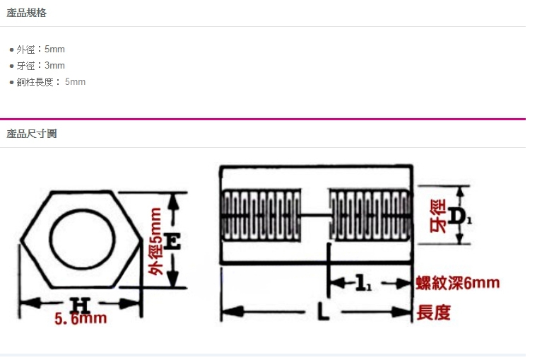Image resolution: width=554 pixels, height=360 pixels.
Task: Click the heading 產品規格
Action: [x=27, y=13]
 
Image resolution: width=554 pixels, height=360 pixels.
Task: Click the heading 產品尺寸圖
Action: [x=31, y=134]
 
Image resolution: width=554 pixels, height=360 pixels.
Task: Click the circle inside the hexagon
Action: [x=49, y=239]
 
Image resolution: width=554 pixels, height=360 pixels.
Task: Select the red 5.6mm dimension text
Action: [x=81, y=318]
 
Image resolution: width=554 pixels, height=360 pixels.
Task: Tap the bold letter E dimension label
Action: [x=172, y=241]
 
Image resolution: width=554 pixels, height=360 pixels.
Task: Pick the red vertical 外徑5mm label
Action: [x=155, y=241]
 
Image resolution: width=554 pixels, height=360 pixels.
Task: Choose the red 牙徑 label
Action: [x=438, y=216]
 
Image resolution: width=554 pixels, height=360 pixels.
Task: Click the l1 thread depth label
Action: [x=363, y=283]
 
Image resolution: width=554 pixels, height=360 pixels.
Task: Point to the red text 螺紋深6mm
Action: [x=458, y=283]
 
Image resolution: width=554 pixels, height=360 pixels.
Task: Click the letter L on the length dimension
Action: [x=323, y=311]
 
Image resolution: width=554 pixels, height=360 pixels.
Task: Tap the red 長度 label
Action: [x=434, y=313]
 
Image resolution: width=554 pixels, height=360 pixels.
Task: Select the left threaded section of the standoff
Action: [x=261, y=215]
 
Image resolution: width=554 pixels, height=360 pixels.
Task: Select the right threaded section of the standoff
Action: [x=370, y=215]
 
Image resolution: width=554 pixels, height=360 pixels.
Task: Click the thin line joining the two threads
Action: [x=315, y=215]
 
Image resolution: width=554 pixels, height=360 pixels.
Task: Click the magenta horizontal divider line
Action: [x=263, y=119]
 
